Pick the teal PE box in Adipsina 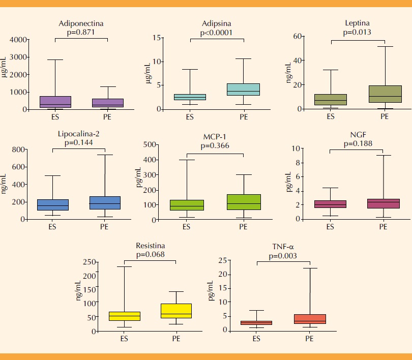244,89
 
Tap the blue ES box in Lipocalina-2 53,204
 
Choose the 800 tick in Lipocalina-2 18,149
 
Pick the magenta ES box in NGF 331,204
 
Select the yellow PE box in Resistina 175,311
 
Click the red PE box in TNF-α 310,319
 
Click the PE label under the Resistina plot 175,338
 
